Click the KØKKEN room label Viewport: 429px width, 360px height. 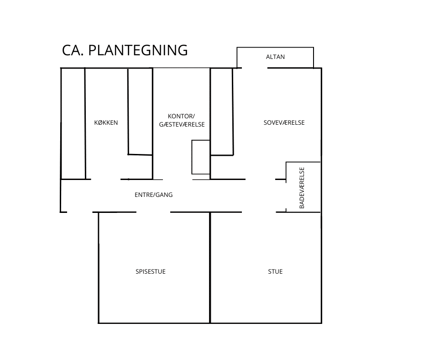pyautogui.click(x=106, y=122)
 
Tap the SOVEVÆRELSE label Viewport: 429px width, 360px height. pyautogui.click(x=284, y=122)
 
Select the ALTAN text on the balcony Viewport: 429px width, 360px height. pyautogui.click(x=275, y=57)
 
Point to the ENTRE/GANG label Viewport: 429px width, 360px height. pyautogui.click(x=153, y=195)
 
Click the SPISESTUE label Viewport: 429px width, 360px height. pyautogui.click(x=151, y=271)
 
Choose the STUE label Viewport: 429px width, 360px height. pyautogui.click(x=275, y=271)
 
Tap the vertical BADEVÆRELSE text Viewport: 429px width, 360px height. pyautogui.click(x=302, y=188)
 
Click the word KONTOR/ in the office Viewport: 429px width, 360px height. pyautogui.click(x=181, y=116)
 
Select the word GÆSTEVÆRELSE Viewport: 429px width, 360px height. pyautogui.click(x=182, y=124)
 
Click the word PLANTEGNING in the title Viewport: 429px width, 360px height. pyautogui.click(x=138, y=50)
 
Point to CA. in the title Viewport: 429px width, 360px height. pyautogui.click(x=73, y=50)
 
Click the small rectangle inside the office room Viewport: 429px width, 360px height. pyautogui.click(x=201, y=157)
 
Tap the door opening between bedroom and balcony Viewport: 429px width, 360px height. pyautogui.click(x=255, y=68)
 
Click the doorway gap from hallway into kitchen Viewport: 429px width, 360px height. pyautogui.click(x=105, y=180)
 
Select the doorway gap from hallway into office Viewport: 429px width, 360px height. pyautogui.click(x=178, y=180)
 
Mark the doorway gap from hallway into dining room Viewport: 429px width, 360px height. pyautogui.click(x=153, y=212)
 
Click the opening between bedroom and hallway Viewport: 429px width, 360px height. pyautogui.click(x=260, y=180)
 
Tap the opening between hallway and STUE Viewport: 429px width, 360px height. pyautogui.click(x=259, y=212)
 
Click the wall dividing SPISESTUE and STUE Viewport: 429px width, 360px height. pyautogui.click(x=210, y=268)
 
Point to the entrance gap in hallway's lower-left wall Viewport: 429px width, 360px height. pyautogui.click(x=79, y=212)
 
